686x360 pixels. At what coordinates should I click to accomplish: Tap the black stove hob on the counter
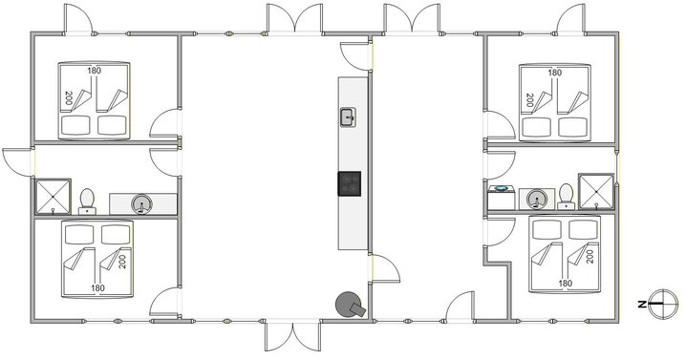(350, 181)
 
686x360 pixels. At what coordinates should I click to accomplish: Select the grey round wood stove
(349, 305)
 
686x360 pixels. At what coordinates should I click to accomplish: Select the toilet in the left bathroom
(88, 200)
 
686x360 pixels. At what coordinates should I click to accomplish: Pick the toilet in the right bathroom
(567, 195)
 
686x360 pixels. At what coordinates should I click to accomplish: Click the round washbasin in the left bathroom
(142, 202)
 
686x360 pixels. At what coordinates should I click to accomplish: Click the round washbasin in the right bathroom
(537, 199)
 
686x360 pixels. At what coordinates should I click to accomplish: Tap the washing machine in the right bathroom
(502, 196)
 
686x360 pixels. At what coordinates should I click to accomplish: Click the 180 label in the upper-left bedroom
(95, 71)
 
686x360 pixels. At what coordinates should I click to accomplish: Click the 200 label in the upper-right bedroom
(527, 97)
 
